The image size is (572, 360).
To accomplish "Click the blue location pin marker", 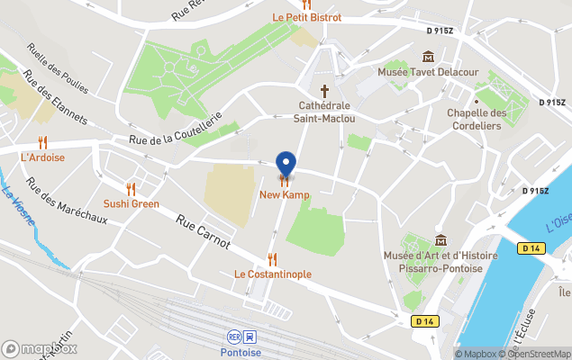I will click(x=286, y=164).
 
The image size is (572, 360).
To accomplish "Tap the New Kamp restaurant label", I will click(x=286, y=194).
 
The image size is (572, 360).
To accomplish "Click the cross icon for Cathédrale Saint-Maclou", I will click(x=325, y=91).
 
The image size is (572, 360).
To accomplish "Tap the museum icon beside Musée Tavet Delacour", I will click(x=427, y=57).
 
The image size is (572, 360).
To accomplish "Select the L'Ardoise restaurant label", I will click(x=42, y=157).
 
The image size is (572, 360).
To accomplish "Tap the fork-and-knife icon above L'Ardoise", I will click(x=42, y=142).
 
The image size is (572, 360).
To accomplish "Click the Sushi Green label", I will click(x=131, y=203).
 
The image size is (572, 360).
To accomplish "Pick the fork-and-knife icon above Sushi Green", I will click(x=131, y=189).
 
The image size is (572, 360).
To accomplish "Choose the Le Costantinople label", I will click(x=273, y=274).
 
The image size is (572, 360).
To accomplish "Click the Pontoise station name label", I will click(x=241, y=352).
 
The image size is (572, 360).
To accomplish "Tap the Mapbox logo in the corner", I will click(x=41, y=348).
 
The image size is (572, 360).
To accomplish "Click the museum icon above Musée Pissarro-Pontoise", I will click(x=441, y=240).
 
